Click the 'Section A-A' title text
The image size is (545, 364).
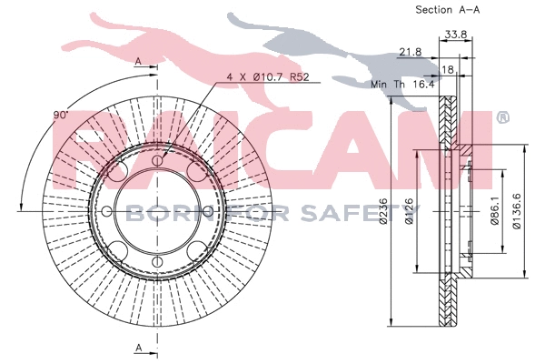click(447, 10)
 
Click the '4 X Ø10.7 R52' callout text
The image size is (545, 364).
click(260, 78)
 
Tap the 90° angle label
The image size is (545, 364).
click(61, 116)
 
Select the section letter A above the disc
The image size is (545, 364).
click(138, 61)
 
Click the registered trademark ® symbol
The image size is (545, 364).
click(502, 117)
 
